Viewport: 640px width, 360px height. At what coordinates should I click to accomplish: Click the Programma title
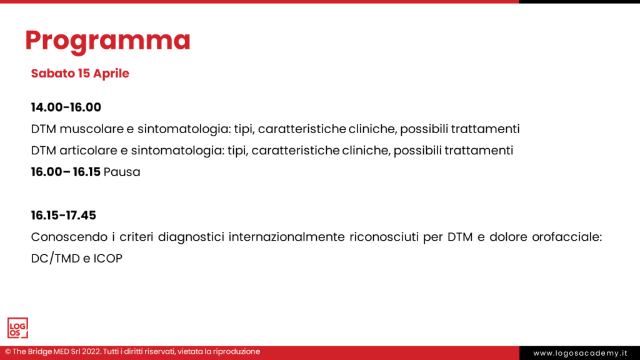tap(107, 41)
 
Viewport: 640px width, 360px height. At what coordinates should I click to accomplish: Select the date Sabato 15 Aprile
tap(80, 73)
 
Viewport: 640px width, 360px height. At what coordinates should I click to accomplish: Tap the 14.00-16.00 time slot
tap(66, 107)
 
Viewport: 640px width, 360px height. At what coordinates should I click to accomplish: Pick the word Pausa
tap(122, 172)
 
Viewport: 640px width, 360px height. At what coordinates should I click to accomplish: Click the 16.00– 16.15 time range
tap(66, 172)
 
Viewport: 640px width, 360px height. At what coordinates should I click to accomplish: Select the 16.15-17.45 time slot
tap(64, 216)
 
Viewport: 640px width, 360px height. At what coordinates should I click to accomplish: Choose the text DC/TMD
tap(54, 258)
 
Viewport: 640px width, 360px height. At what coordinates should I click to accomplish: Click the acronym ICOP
tap(107, 258)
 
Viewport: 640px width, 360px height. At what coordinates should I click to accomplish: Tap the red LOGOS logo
tap(17, 328)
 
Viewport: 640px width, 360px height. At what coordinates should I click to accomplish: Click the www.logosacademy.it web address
tap(579, 353)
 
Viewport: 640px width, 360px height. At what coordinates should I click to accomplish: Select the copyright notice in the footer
tap(132, 352)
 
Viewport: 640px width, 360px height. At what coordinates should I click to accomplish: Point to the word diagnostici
tap(191, 237)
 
